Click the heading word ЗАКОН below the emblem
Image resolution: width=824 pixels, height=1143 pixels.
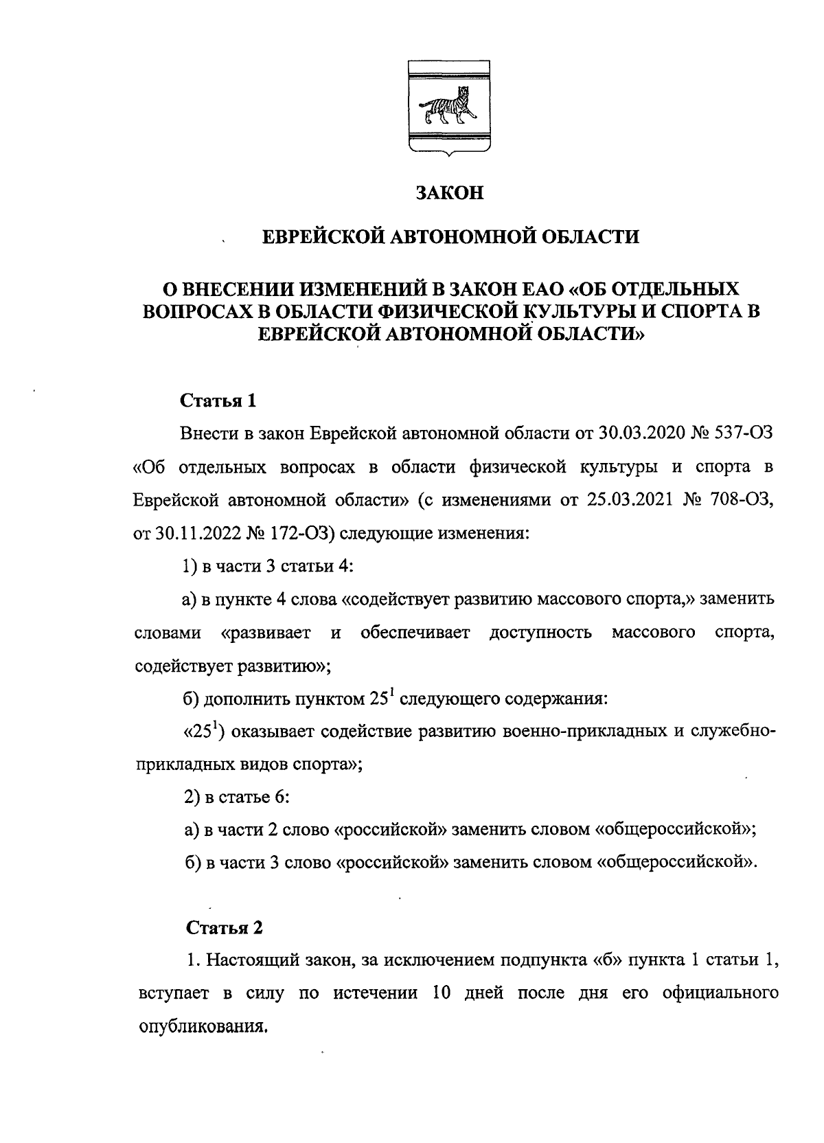click(x=450, y=193)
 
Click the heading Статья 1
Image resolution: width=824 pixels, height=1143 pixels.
click(x=218, y=400)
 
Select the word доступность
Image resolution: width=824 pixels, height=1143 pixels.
click(x=540, y=632)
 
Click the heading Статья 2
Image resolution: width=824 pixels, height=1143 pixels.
click(x=225, y=928)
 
